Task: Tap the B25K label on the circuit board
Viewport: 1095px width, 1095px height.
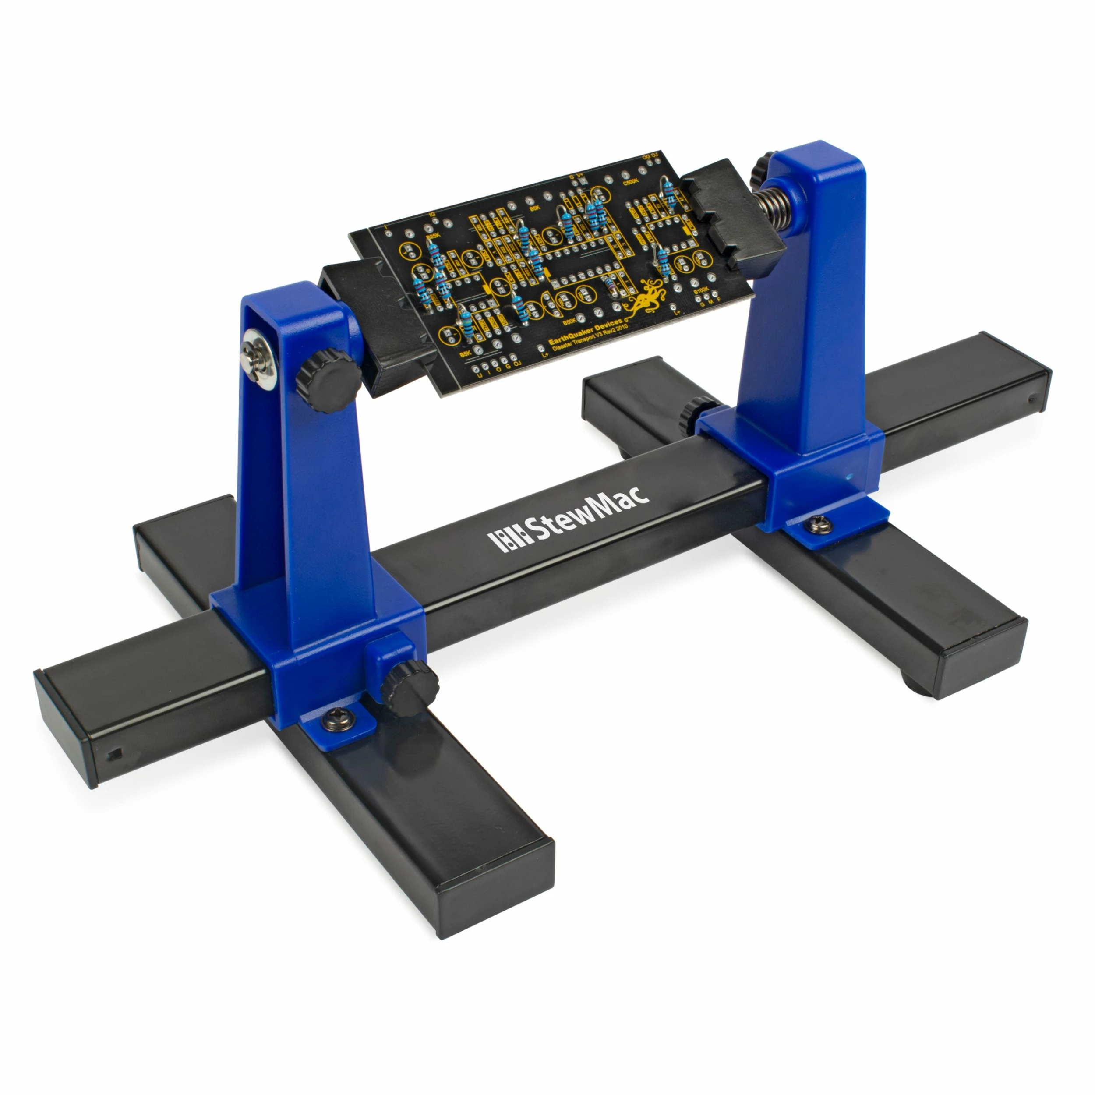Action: (432, 235)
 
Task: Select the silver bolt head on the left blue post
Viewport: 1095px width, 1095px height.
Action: (258, 361)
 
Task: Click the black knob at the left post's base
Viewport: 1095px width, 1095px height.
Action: (409, 689)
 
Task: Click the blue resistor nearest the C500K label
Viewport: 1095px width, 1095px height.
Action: (669, 191)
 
